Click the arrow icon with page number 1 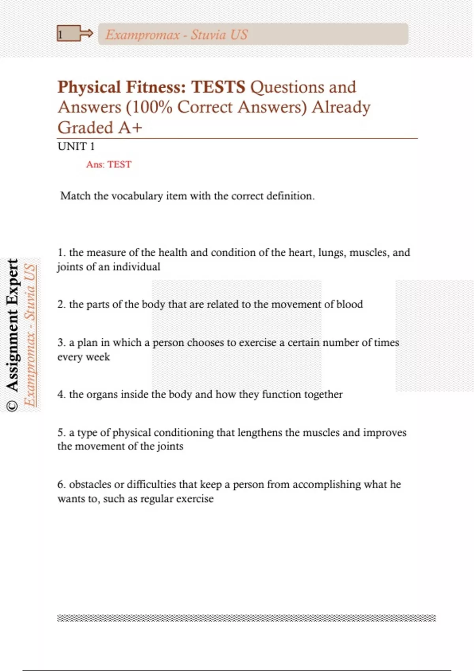tap(75, 34)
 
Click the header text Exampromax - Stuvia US tap(176, 35)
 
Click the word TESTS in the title tap(218, 87)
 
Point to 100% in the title tap(152, 107)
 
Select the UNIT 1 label tap(76, 146)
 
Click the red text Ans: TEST tap(109, 164)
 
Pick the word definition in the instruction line tap(290, 196)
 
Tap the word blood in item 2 tap(349, 304)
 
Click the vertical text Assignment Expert tap(13, 324)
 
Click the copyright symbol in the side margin tap(13, 405)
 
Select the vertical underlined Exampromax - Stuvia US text tap(30, 335)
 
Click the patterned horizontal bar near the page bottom tap(246, 618)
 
